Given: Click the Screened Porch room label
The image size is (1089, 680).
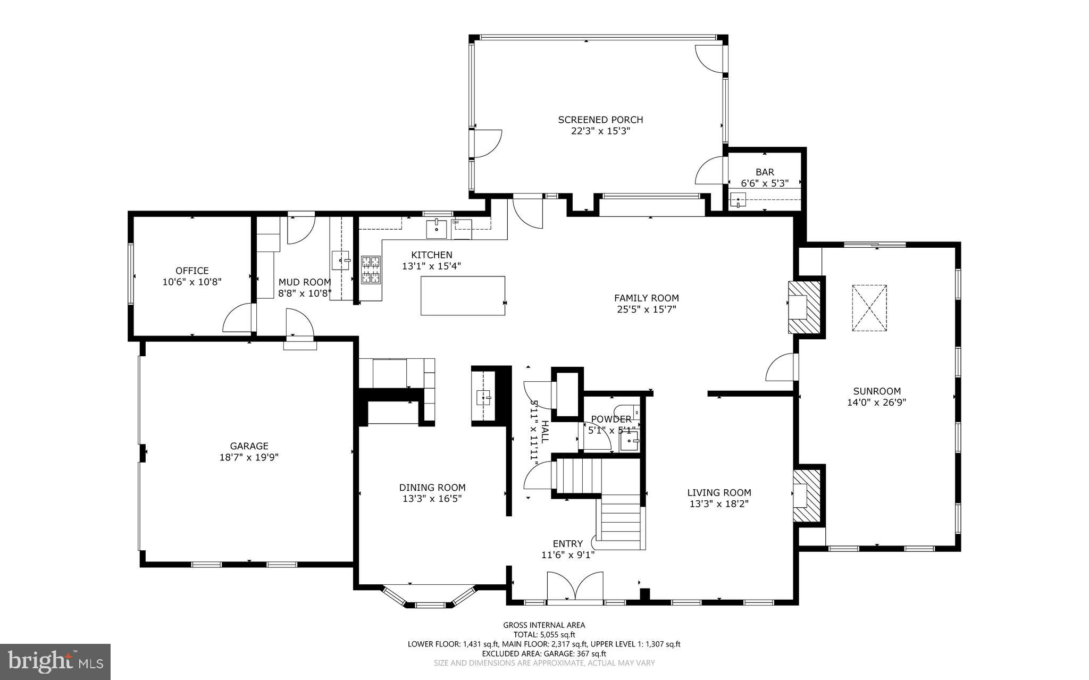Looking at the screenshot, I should (600, 120).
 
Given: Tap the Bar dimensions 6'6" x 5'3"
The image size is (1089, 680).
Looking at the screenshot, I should (765, 183).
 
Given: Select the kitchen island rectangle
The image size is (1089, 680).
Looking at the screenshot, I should (463, 296).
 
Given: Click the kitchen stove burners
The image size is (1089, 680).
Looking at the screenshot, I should (371, 270).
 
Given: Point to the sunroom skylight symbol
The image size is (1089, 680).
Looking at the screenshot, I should (869, 308).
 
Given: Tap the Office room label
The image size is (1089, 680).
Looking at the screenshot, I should (192, 271).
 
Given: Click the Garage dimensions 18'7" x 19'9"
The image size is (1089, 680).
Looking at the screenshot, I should (249, 457).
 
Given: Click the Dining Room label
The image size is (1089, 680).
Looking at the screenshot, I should (432, 488).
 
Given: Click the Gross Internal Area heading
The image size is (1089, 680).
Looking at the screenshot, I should (544, 625).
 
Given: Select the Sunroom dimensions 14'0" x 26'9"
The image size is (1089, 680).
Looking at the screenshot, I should (876, 402).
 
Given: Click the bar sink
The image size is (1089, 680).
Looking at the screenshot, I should (738, 200).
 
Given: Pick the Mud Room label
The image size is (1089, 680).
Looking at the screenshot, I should (305, 282).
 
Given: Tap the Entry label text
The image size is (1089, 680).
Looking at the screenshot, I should (567, 543).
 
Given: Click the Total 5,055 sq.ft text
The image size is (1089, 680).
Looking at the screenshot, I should (544, 634).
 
